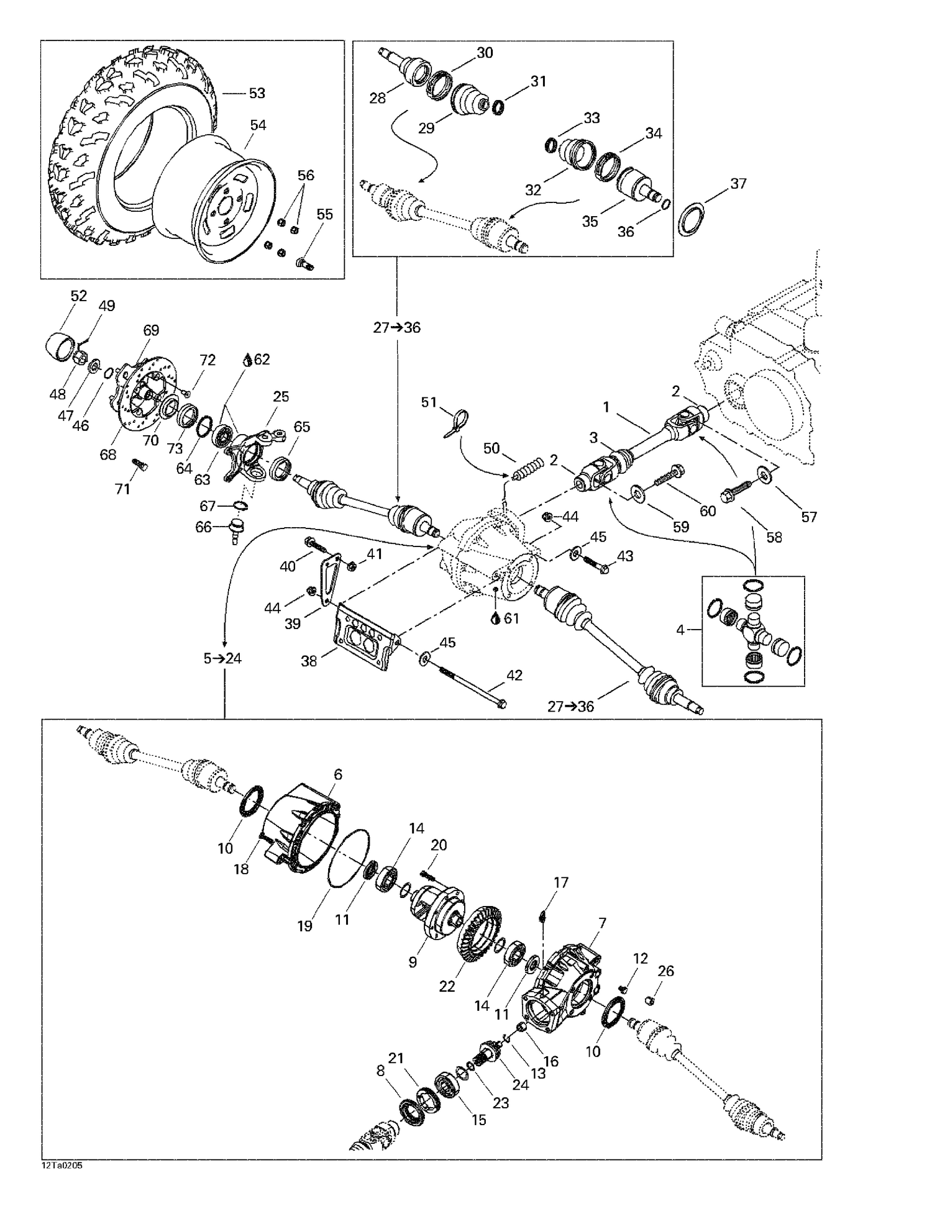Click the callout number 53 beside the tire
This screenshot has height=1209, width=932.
pos(257,93)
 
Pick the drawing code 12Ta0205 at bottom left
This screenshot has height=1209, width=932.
pos(62,1166)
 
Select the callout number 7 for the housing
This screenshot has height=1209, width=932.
pos(601,923)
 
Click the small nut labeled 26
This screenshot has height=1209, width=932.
pos(649,1000)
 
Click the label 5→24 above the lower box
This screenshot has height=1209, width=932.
pos(222,658)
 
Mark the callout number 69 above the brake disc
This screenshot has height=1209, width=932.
pos(151,330)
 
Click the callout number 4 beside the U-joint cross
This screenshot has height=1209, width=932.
pos(680,630)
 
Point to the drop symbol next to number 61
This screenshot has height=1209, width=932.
pos(495,618)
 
